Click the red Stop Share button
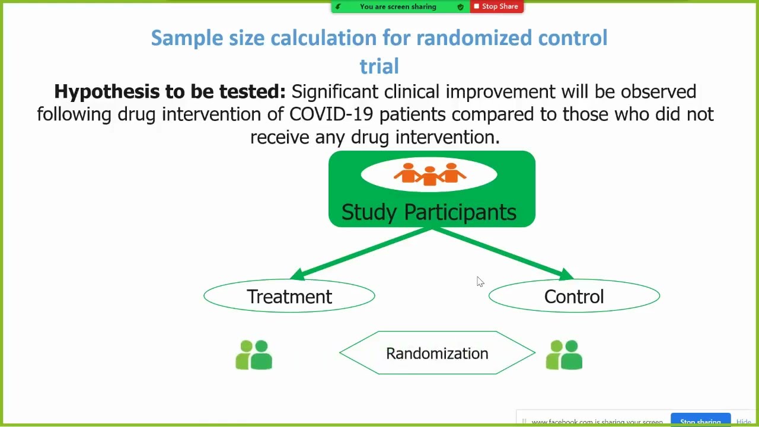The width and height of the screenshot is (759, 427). (x=496, y=7)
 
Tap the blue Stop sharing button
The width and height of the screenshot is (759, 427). (x=700, y=421)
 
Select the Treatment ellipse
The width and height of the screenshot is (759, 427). (x=289, y=296)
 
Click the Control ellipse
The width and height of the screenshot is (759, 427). (x=574, y=296)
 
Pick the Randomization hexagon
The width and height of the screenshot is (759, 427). (x=437, y=353)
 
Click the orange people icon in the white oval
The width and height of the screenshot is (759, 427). (x=429, y=174)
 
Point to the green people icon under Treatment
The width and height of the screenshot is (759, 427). (x=254, y=355)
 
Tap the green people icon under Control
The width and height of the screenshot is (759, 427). (x=564, y=355)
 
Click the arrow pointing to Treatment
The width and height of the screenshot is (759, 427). (x=361, y=253)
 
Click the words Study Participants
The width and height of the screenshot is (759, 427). (x=429, y=212)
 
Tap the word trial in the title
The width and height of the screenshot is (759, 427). (x=379, y=66)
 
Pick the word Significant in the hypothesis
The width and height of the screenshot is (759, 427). (x=334, y=91)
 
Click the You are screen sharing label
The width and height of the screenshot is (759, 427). (x=397, y=7)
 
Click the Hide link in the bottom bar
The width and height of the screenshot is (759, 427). (x=744, y=422)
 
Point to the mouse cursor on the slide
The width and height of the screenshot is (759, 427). (x=480, y=282)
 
